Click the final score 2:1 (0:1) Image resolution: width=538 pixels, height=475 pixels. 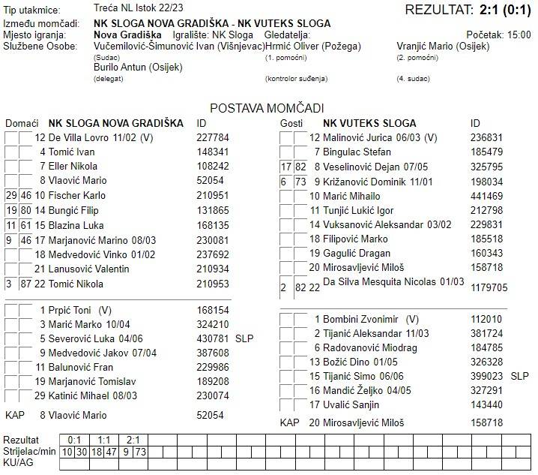(x=501, y=10)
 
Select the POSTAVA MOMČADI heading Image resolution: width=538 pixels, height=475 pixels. (x=267, y=108)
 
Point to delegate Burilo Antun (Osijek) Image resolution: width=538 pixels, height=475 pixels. (x=138, y=68)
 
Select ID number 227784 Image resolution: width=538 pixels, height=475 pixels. (x=213, y=137)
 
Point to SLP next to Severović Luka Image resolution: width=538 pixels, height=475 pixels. (x=244, y=338)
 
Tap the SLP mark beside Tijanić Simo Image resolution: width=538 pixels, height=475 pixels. (x=519, y=375)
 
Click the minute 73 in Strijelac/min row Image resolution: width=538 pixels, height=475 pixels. (x=140, y=451)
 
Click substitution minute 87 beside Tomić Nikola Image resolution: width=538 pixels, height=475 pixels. (x=25, y=284)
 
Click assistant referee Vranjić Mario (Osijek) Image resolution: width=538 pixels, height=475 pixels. (x=443, y=47)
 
